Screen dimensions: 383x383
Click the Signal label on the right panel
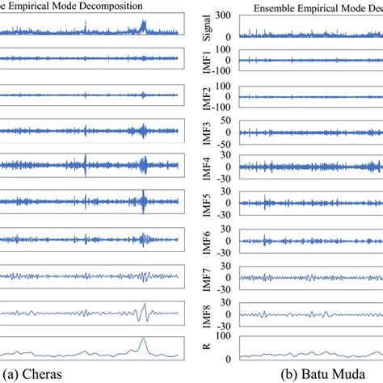[207, 26]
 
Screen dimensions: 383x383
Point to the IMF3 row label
[207, 132]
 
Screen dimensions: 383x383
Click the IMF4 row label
[207, 168]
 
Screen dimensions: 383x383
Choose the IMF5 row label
[207, 204]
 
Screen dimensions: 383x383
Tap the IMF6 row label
[207, 240]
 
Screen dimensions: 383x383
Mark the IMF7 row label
[207, 276]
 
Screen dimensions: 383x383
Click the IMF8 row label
[207, 313]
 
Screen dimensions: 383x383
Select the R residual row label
[207, 347]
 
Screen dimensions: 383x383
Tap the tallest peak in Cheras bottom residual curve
[143, 340]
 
